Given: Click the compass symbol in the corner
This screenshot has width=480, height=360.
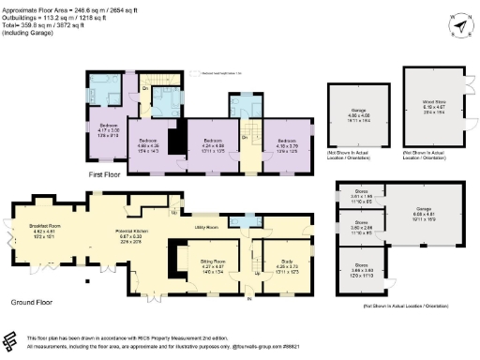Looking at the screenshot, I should coord(457,20).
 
